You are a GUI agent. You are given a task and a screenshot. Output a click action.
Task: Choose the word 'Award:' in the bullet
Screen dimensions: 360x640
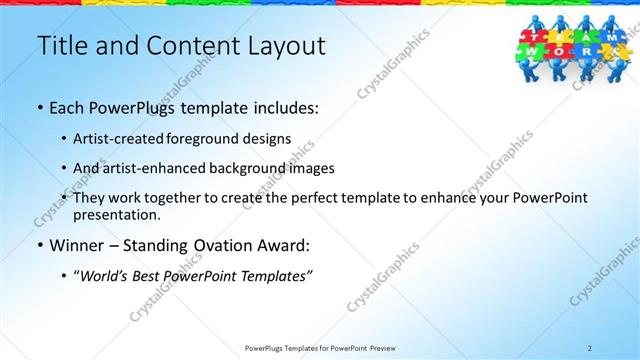click(x=282, y=244)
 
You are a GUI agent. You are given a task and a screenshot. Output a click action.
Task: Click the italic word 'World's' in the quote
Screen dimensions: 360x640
click(x=113, y=275)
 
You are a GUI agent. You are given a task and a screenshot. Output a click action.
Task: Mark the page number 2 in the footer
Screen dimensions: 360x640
click(x=590, y=348)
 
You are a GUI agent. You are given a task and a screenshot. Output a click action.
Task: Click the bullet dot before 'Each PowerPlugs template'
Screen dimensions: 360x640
click(x=39, y=107)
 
